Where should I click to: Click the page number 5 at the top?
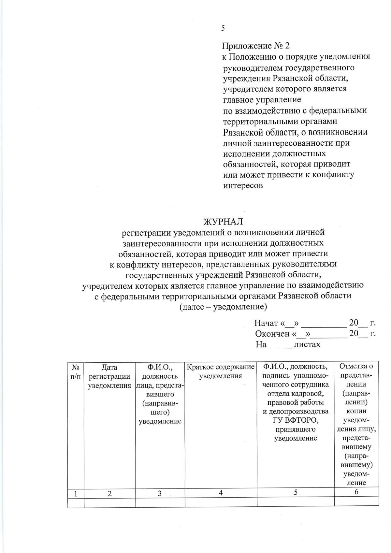point(223,28)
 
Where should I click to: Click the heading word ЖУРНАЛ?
point(223,222)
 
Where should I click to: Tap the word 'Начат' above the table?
point(266,323)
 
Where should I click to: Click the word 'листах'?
point(307,344)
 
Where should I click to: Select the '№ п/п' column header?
point(76,372)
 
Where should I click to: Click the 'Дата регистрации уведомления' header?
point(109,376)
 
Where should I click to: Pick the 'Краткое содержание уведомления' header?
point(221,371)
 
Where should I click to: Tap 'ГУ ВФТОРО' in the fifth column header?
point(296,420)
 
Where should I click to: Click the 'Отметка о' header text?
point(356,366)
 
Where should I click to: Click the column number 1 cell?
point(76,494)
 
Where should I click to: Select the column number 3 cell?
point(160,494)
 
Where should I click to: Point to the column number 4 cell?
point(221,493)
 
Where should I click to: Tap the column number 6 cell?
point(356,492)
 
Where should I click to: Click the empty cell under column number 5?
point(296,502)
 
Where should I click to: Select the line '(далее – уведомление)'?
point(223,307)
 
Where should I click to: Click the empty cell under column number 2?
point(109,502)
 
